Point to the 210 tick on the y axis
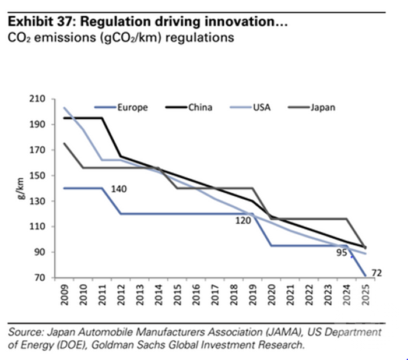click(x=46, y=99)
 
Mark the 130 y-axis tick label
click(x=46, y=201)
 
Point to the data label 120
click(x=244, y=221)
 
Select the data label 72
click(x=376, y=273)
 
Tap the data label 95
click(x=342, y=253)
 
